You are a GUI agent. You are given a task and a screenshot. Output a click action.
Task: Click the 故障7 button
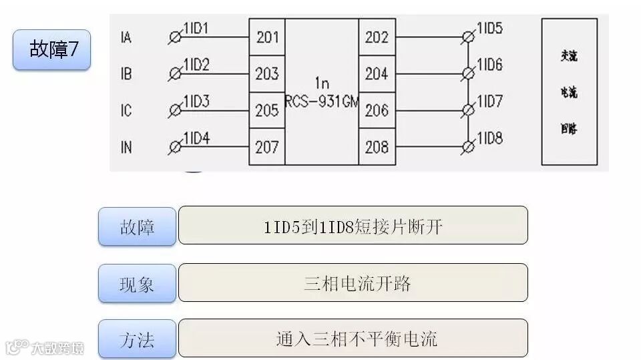coord(51,49)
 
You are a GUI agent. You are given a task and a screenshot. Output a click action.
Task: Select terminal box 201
coord(267,37)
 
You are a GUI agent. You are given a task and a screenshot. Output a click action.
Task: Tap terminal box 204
coord(377,73)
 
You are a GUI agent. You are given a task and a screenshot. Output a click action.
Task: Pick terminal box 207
coord(267,146)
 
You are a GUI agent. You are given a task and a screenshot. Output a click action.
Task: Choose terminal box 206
coord(377,110)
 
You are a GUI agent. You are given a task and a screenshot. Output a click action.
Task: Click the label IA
coord(126,37)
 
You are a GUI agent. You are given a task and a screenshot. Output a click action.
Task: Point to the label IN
coord(126,147)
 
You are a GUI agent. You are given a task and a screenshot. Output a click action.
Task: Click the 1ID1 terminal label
coord(196,28)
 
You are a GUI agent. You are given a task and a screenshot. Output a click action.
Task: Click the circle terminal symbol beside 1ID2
coord(176,74)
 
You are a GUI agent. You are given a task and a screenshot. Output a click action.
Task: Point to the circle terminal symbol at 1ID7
coord(468,110)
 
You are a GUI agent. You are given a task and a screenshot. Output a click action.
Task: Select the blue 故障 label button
coord(137,226)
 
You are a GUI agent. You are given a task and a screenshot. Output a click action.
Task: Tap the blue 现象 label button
coord(137,283)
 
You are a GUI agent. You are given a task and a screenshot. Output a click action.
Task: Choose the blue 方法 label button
coord(137,339)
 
